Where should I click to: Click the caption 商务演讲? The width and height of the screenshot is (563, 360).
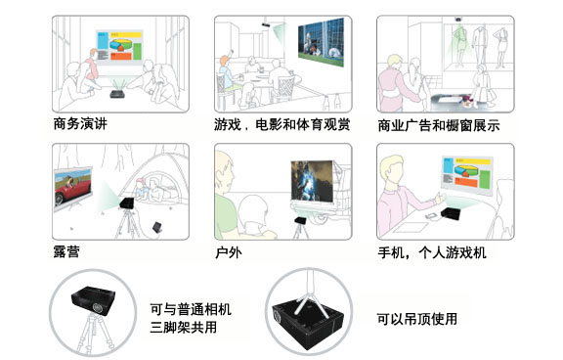click(80, 124)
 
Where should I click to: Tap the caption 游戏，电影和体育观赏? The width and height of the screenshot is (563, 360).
click(282, 124)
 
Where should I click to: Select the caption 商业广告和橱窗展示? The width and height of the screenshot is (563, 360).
click(439, 126)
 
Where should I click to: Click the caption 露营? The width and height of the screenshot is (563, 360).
click(66, 251)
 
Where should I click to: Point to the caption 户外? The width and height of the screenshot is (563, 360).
click(229, 252)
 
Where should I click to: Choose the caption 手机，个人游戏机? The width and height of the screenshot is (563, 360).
click(432, 252)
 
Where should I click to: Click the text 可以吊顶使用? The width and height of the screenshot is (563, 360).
click(416, 319)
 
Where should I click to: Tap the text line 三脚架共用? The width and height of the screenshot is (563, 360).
click(184, 327)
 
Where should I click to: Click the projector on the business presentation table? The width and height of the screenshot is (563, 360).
click(117, 94)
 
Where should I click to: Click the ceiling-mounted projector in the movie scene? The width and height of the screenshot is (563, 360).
click(267, 24)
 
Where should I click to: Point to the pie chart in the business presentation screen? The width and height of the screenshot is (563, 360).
click(120, 45)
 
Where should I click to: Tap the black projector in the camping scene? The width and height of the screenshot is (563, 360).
click(127, 203)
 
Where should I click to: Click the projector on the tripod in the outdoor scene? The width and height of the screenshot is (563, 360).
click(300, 220)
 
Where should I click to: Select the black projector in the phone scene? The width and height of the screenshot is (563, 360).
click(451, 213)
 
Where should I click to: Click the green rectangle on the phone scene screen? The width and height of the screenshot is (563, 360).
click(485, 179)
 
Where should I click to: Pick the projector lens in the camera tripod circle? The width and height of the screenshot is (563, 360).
click(97, 308)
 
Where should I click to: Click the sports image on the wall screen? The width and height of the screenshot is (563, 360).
click(321, 42)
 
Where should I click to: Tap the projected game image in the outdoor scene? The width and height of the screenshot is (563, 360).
click(312, 181)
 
